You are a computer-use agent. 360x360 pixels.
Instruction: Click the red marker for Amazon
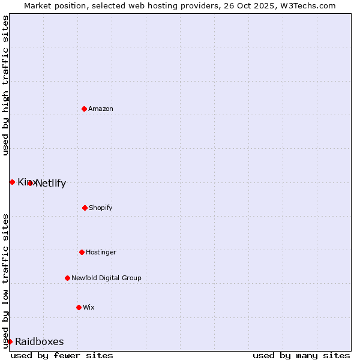pos(84,109)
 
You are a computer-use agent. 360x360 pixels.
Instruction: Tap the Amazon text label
pos(101,109)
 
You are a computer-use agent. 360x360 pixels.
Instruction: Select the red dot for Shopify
pos(85,208)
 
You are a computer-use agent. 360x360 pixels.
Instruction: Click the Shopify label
pos(101,208)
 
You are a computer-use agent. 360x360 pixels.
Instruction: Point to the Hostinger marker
pos(82,252)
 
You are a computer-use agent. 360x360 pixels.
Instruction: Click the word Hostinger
pos(101,252)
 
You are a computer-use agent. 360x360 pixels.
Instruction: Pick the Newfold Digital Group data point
pos(67,278)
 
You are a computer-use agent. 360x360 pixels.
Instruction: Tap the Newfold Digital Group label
pos(106,278)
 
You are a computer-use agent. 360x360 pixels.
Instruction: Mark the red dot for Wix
pos(79,307)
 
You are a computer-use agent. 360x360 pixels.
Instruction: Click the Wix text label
pos(89,307)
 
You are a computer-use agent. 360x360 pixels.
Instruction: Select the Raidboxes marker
pos(10,341)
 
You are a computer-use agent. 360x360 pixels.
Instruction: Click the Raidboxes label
pos(40,341)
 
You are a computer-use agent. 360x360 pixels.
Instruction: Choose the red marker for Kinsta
pos(12,182)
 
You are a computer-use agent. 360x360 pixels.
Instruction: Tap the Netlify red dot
pos(30,183)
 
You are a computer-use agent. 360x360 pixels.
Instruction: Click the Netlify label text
pos(51,184)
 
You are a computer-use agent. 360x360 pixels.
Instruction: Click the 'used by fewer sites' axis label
pos(62,355)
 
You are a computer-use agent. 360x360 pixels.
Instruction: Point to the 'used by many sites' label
pos(301,355)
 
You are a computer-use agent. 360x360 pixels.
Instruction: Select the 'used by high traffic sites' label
pos(5,85)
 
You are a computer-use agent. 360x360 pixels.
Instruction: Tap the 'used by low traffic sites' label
pos(5,281)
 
